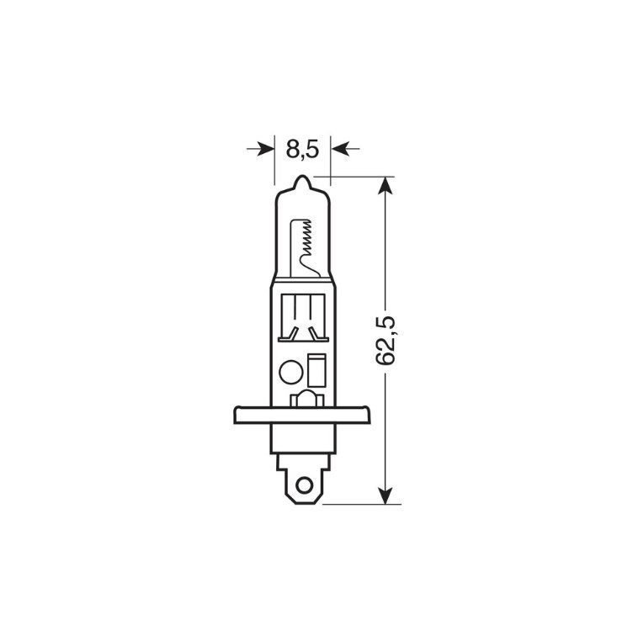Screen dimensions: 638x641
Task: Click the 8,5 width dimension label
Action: click(302, 148)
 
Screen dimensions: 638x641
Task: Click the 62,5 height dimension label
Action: click(385, 340)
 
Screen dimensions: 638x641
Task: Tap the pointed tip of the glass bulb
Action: click(302, 177)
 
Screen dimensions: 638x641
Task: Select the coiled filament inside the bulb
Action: click(306, 241)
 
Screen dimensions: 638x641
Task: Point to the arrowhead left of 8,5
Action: click(266, 148)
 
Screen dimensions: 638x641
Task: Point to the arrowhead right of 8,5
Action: click(338, 148)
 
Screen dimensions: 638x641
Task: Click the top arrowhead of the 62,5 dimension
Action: click(385, 185)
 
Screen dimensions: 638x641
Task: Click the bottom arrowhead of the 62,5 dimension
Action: click(385, 495)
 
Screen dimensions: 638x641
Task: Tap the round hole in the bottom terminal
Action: click(304, 485)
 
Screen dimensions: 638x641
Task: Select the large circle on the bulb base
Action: click(290, 372)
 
